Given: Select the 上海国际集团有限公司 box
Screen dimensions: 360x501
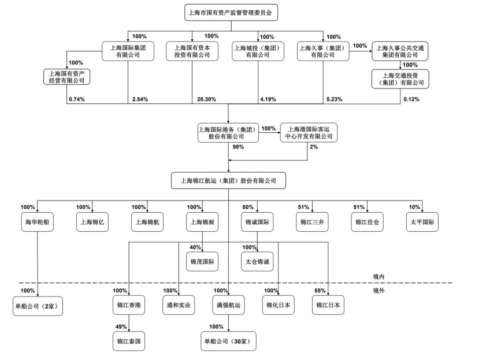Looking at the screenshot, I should click(128, 51).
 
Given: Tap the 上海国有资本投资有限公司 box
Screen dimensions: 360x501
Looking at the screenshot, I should click(192, 51).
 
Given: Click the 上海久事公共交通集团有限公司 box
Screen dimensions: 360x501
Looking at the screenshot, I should click(399, 51).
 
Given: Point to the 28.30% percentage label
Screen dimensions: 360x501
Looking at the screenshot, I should click(206, 99).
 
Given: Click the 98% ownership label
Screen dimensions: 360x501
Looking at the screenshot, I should click(238, 147).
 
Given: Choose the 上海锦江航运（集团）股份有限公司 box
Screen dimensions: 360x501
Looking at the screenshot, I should click(228, 181).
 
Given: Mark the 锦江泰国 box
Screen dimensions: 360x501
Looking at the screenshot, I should click(128, 341).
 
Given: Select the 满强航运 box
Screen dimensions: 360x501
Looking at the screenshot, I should click(228, 305).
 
